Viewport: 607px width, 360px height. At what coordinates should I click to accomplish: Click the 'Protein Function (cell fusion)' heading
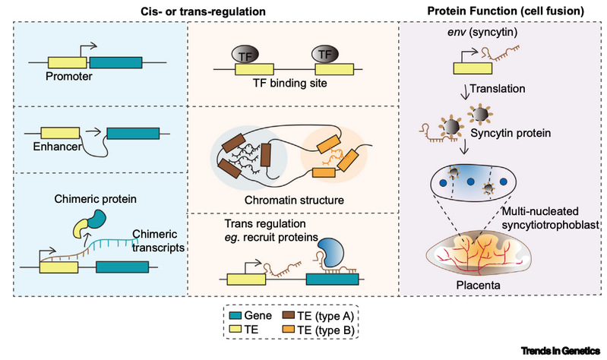point(501,10)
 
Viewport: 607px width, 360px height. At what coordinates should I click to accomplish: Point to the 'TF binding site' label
point(284,84)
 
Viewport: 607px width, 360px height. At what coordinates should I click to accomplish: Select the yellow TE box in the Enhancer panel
point(59,134)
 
